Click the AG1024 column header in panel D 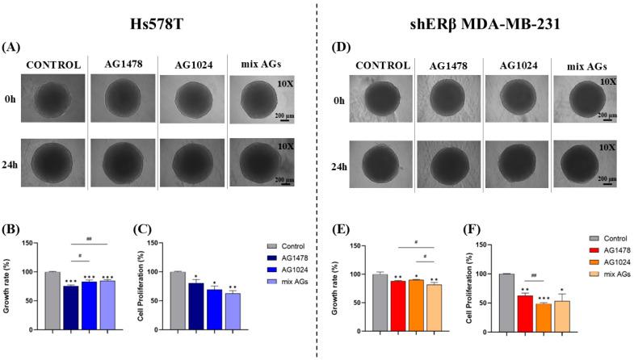point(518,64)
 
